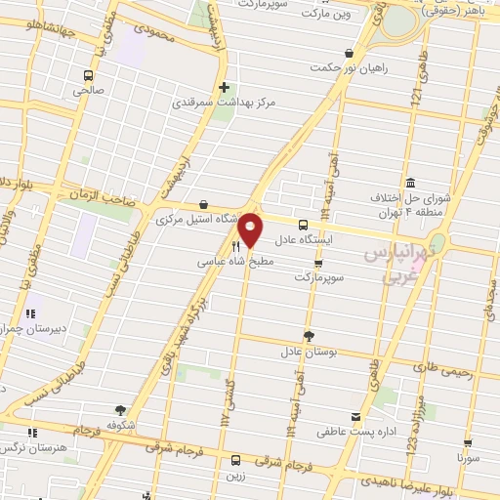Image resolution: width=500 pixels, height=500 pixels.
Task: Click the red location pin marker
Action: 251,229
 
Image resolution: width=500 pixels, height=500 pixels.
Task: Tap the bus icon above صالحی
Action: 89,75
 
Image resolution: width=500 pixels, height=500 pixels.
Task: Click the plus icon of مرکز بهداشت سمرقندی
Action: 225,86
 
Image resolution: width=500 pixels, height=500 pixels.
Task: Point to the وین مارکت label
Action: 325,15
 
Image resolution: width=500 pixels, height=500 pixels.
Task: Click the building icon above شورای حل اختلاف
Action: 409,184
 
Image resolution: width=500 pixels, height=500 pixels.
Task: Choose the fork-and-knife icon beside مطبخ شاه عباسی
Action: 234,248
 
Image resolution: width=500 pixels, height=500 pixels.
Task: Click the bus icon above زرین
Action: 234,459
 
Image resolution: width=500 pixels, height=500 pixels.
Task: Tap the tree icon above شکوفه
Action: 120,411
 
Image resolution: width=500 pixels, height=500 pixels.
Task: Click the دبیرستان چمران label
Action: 34,328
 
